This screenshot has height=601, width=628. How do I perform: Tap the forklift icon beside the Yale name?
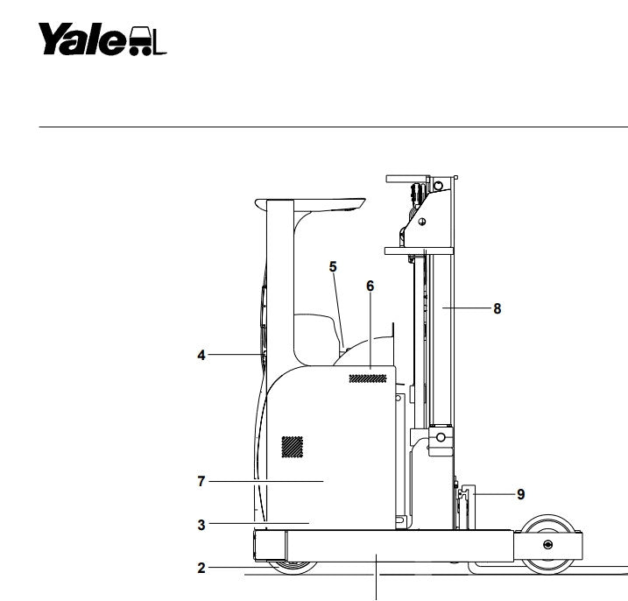tap(147, 41)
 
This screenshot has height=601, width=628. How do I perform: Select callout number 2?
tap(201, 568)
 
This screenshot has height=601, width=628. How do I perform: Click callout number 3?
tap(201, 525)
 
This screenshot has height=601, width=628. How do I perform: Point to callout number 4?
tap(201, 355)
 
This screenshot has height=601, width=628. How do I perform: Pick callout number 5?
tap(333, 267)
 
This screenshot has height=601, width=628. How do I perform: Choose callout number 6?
tap(370, 286)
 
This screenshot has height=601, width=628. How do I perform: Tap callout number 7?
tap(201, 481)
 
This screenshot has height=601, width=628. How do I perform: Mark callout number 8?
tap(497, 308)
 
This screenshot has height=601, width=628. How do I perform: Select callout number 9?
tap(520, 494)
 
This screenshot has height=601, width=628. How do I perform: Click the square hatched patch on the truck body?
tap(292, 447)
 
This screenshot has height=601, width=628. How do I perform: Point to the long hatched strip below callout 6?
tap(368, 378)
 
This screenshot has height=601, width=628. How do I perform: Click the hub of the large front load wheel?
tap(548, 545)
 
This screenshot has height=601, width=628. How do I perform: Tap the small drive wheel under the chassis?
tap(293, 568)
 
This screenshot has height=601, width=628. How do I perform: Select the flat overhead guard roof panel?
tap(310, 204)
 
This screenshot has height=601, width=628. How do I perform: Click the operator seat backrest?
tap(317, 338)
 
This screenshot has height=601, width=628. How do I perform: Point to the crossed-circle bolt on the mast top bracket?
tap(422, 222)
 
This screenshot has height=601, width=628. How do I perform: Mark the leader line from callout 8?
tap(467, 308)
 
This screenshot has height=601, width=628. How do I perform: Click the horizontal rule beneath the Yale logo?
tap(333, 127)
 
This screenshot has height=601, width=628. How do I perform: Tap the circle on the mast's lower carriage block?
tap(441, 437)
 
